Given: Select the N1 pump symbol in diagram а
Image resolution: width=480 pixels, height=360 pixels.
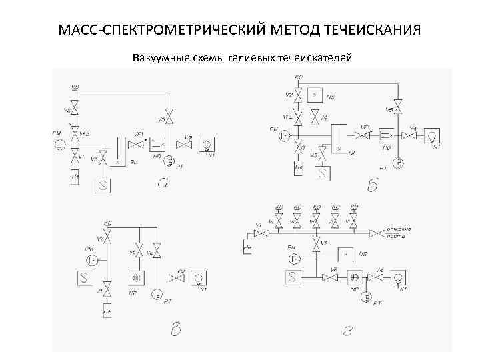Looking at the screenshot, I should tap(206, 144).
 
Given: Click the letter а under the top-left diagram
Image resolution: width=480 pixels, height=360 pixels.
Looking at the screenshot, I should tap(162, 182).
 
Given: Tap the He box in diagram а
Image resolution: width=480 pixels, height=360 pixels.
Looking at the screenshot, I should tap(75, 177).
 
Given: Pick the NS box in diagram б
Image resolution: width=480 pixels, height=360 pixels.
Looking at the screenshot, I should tap(316, 95).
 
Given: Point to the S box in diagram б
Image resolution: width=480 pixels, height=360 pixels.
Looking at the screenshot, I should tap(323, 173).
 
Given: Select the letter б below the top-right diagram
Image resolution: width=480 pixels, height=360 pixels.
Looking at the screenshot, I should tap(372, 185).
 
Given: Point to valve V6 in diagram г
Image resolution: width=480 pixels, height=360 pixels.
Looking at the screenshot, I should tap(330, 277).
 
